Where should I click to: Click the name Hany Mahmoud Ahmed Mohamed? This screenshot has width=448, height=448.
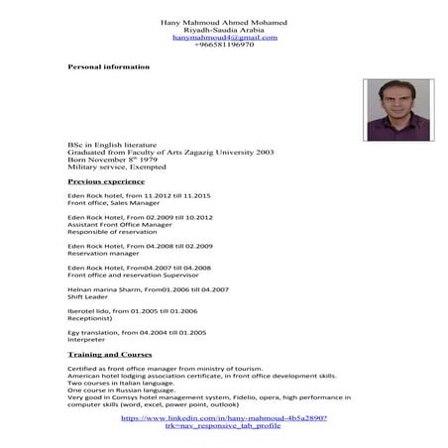pos(224,22)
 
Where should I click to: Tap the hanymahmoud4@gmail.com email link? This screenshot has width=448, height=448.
pos(224,37)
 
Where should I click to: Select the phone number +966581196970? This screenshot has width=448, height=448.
pos(224,45)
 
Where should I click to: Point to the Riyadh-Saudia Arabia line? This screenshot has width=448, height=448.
pos(224,30)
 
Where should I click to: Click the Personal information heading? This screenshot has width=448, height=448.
pos(108,66)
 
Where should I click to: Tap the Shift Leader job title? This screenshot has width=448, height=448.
pos(88,295)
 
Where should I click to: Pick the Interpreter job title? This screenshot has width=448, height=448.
pos(87,343)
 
